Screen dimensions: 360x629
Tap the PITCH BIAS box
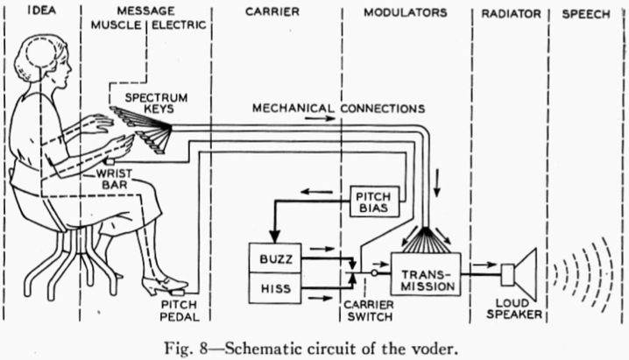[373, 201]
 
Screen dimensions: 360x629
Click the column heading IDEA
[32, 12]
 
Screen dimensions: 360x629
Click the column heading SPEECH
[585, 12]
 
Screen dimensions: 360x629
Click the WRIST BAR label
[115, 179]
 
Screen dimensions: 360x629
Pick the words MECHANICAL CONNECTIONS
[338, 109]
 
